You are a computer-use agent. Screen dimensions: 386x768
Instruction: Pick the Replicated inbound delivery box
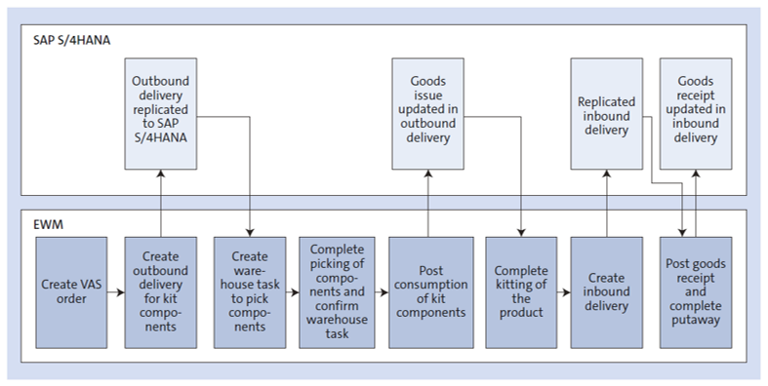click(x=606, y=108)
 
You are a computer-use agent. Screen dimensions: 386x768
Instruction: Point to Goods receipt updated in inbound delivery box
click(x=695, y=108)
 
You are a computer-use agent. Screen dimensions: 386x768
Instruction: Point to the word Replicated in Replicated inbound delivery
click(x=606, y=100)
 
